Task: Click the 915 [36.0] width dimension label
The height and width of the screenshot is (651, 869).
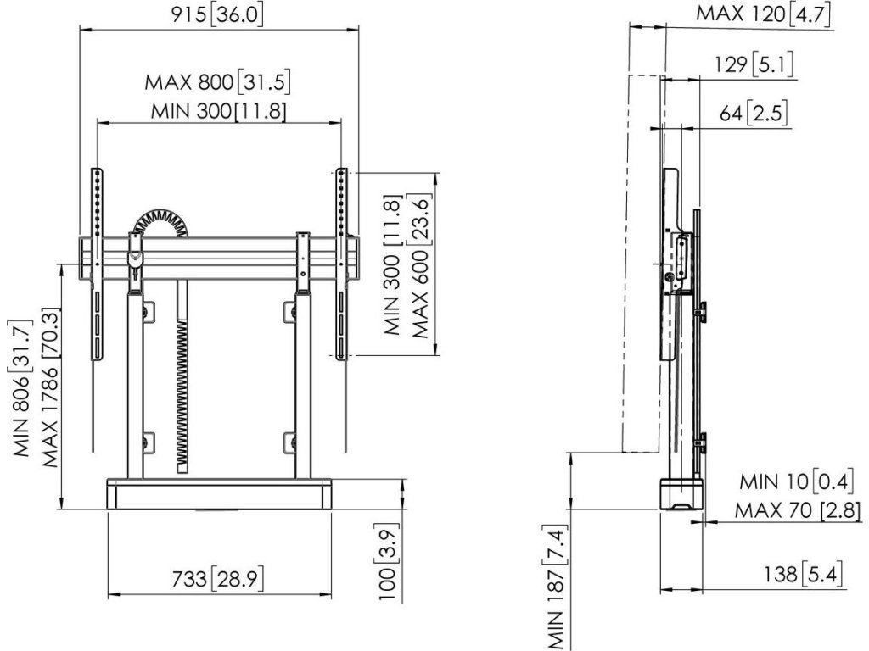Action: (217, 14)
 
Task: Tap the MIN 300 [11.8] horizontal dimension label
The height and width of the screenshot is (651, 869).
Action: (220, 111)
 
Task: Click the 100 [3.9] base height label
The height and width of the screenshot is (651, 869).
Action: (387, 561)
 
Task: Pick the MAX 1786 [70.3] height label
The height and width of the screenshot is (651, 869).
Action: (50, 387)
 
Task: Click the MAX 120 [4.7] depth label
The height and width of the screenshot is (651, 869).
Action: (764, 14)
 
